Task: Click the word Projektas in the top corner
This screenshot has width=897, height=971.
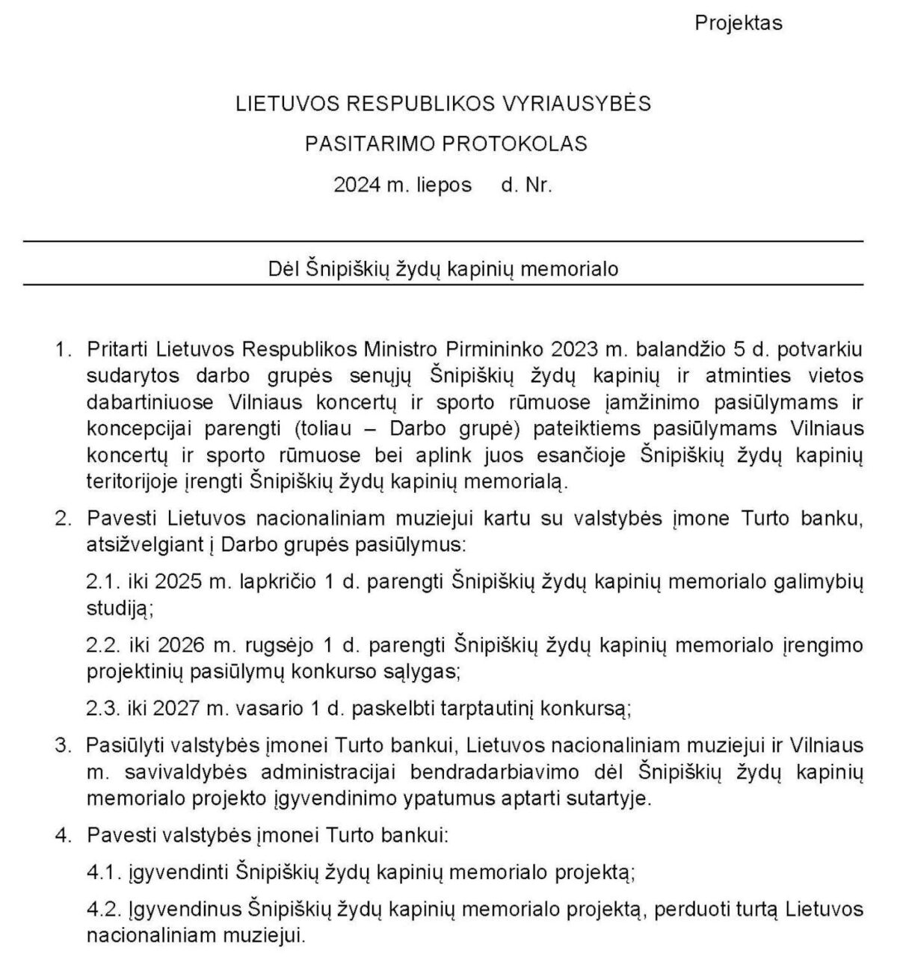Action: [x=738, y=23]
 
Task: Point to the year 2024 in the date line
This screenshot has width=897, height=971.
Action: [x=357, y=185]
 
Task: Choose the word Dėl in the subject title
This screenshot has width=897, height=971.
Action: [x=284, y=268]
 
